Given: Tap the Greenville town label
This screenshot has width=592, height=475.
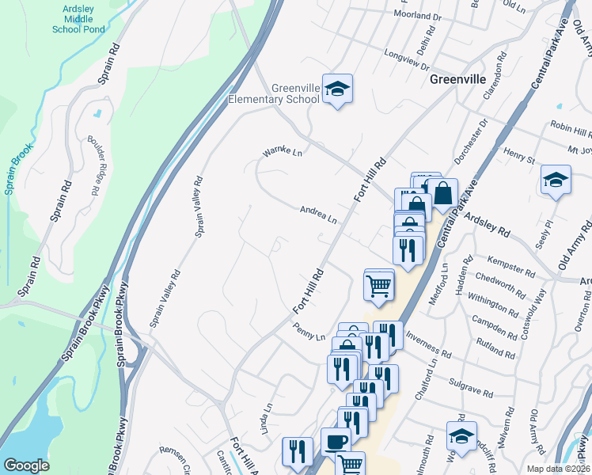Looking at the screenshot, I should (x=457, y=79).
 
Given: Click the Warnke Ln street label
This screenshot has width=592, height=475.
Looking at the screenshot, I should (x=283, y=151).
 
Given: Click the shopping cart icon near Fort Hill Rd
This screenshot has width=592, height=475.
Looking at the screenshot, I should (x=379, y=285).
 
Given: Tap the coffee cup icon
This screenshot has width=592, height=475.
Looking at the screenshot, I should (x=336, y=442).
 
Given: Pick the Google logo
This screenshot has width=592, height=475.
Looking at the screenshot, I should (x=25, y=465).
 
